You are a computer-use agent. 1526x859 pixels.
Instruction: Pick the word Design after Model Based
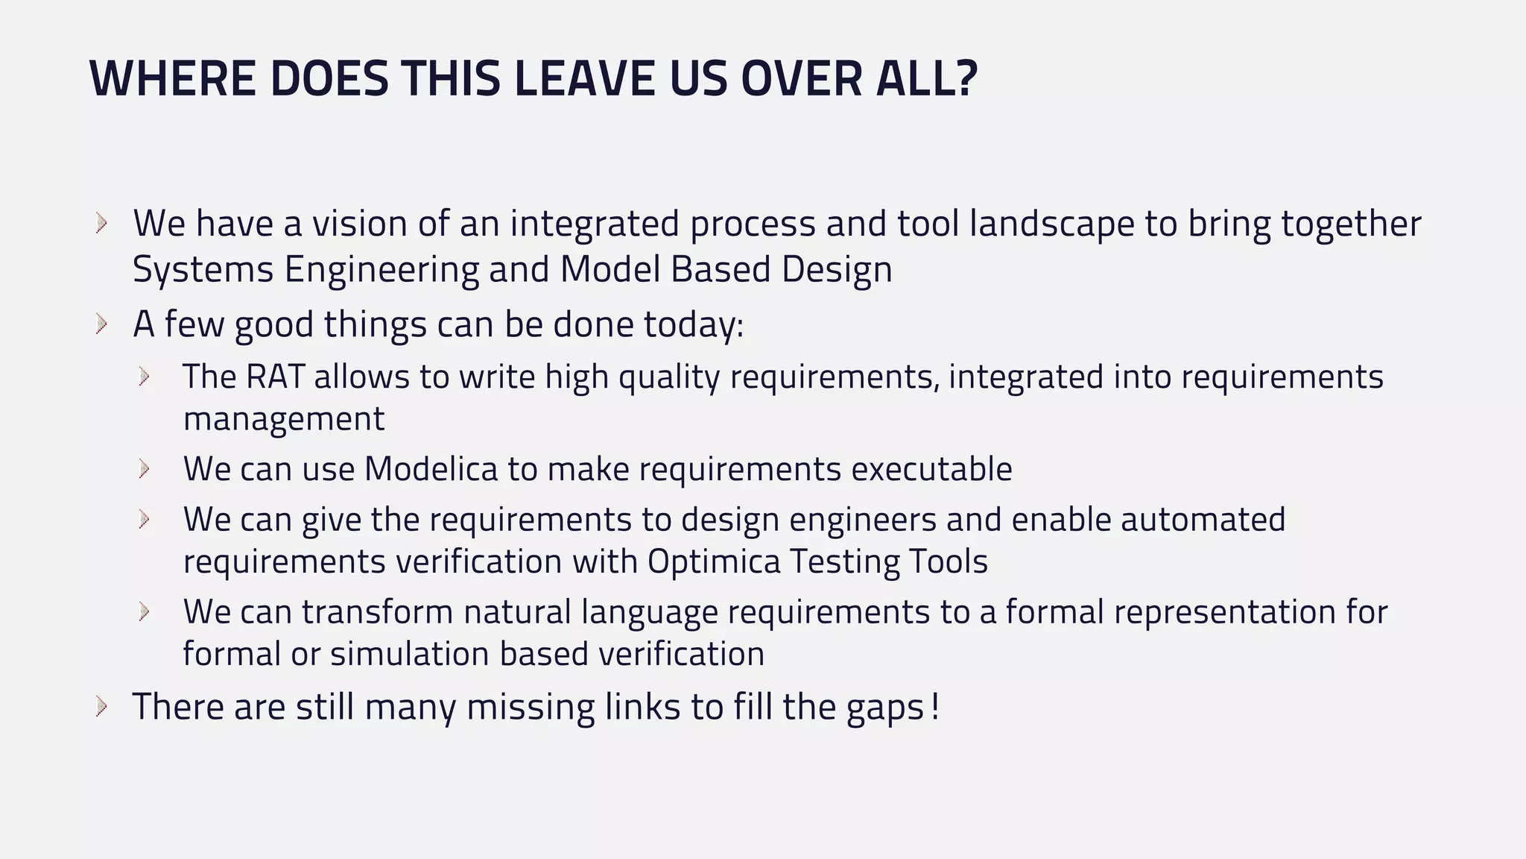point(837,269)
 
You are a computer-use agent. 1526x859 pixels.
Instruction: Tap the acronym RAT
point(275,377)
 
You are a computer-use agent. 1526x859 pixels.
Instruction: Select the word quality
point(669,377)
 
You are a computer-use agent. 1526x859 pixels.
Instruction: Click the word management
point(284,418)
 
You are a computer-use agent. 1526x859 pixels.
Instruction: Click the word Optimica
point(714,561)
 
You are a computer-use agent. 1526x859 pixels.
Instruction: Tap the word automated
point(1203,520)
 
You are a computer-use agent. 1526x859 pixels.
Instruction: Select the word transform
point(377,612)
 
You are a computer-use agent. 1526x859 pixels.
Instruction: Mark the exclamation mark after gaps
point(935,706)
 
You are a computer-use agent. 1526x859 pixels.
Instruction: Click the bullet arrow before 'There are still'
point(102,706)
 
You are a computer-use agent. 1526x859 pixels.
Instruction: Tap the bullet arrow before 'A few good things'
point(102,324)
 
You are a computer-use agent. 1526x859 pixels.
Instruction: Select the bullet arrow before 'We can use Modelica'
point(145,469)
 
